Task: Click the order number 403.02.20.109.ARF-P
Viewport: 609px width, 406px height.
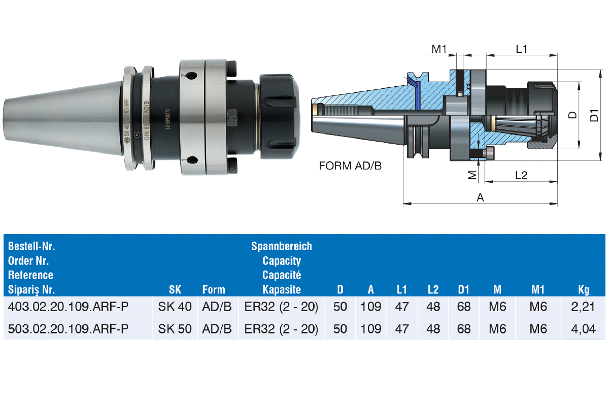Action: [68, 307]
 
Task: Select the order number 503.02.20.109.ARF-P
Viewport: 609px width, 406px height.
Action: [68, 329]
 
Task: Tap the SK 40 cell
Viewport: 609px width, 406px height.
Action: [175, 307]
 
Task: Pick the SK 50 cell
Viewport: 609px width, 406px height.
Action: [175, 329]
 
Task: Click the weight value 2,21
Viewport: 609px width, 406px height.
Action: [583, 307]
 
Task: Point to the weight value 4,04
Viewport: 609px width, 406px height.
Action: [583, 329]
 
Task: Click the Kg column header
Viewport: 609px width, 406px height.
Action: [584, 290]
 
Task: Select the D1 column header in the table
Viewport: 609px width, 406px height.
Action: [463, 290]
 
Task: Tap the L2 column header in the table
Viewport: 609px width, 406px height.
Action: [433, 290]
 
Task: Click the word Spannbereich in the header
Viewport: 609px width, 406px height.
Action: [281, 246]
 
